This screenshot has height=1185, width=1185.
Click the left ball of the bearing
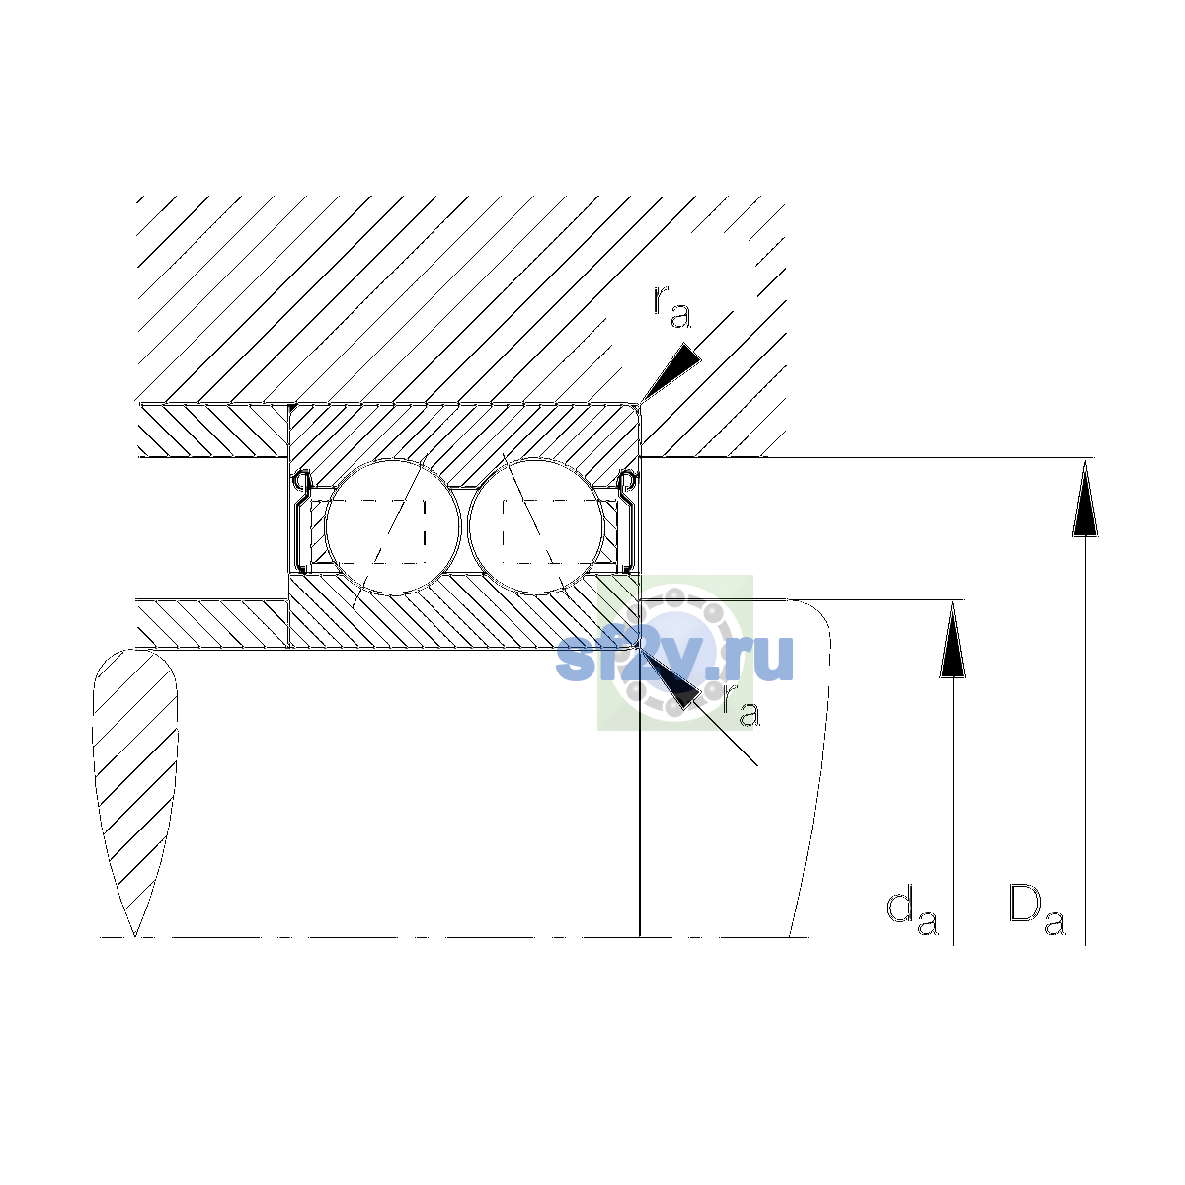(x=392, y=527)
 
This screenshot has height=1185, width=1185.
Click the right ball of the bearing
(x=536, y=527)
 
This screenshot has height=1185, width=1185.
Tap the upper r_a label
(x=671, y=307)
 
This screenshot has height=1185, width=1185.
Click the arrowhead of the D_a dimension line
(x=1085, y=500)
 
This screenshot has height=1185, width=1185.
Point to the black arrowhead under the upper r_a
(x=671, y=372)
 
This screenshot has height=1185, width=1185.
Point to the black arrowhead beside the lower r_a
(x=671, y=678)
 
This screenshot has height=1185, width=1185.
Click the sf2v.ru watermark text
(x=674, y=659)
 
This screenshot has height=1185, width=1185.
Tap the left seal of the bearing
(x=301, y=521)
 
